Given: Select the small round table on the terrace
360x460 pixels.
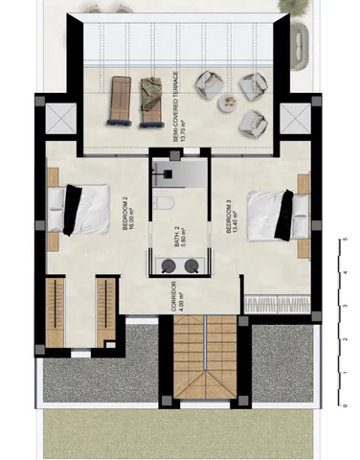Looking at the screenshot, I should coord(229,102).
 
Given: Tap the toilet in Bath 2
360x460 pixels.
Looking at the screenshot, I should coord(163,205).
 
